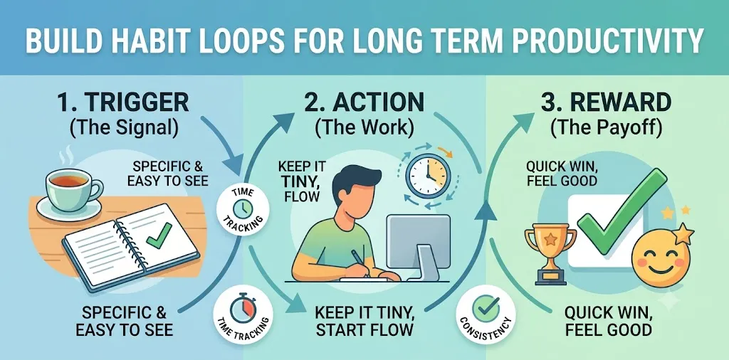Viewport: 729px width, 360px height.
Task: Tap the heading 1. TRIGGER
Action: [x=123, y=102]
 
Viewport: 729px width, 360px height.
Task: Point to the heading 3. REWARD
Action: [x=607, y=102]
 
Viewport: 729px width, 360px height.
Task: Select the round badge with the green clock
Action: [x=243, y=209]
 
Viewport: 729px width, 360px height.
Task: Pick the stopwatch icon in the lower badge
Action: [x=243, y=309]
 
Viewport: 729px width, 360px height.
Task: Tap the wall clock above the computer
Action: [x=428, y=176]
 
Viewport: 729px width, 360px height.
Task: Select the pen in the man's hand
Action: [x=359, y=260]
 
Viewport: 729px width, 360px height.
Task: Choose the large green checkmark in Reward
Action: [x=622, y=211]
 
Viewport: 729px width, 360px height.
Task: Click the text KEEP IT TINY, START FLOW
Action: [x=364, y=320]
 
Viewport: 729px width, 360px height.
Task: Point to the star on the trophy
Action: [x=550, y=240]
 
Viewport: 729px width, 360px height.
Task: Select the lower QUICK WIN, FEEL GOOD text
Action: [x=608, y=321]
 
